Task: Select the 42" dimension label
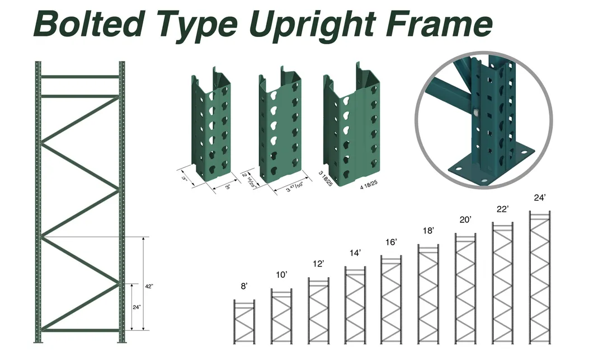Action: click(x=149, y=286)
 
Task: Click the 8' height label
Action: click(x=244, y=286)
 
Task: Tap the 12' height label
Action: click(x=318, y=264)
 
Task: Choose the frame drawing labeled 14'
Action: click(x=355, y=305)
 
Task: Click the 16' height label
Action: click(x=391, y=242)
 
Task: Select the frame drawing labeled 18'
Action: click(x=429, y=294)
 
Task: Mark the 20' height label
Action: click(x=465, y=220)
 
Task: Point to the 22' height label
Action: click(x=502, y=209)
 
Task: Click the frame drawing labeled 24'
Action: click(x=539, y=277)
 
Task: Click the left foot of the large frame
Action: click(x=38, y=339)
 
